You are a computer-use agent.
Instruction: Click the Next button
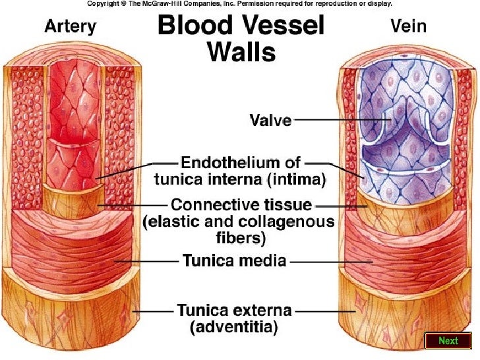pos(448,340)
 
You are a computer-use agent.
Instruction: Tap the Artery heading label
pos(70,28)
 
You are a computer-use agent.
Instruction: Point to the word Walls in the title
pos(241,51)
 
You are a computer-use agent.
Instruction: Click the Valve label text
pos(270,121)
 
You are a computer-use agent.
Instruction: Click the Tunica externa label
pos(234,309)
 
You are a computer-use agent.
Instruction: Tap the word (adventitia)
pos(234,326)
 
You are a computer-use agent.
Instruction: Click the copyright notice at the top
pos(240,3)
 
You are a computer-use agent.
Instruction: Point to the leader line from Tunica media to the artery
pos(148,261)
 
